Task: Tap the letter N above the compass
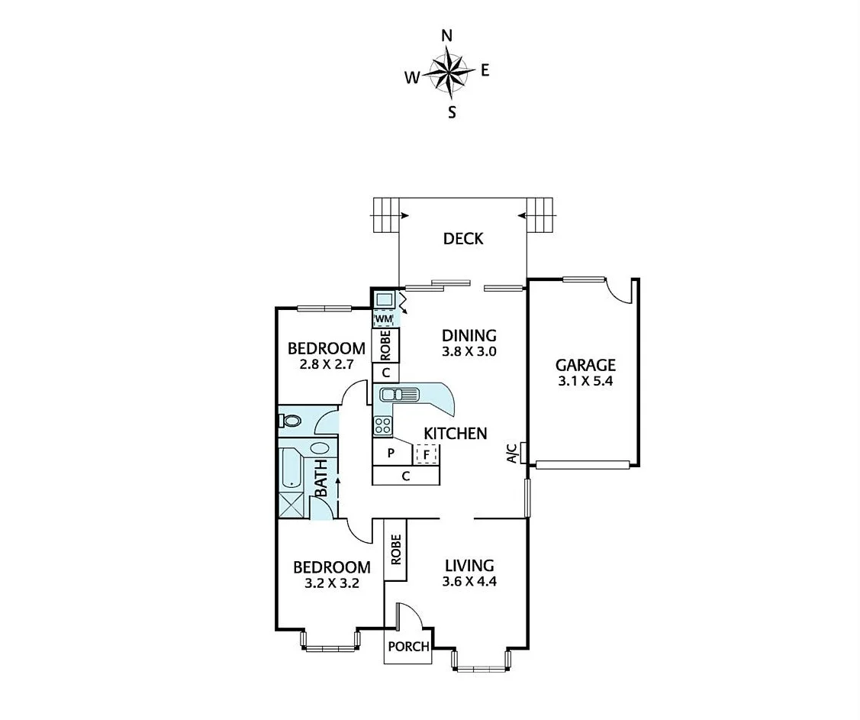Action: pyautogui.click(x=447, y=36)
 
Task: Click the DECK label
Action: pyautogui.click(x=463, y=239)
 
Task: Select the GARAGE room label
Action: pyautogui.click(x=585, y=366)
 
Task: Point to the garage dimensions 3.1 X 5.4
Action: pyautogui.click(x=585, y=383)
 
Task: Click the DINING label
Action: pyautogui.click(x=469, y=335)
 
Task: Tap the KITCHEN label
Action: pyautogui.click(x=456, y=434)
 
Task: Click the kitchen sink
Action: pyautogui.click(x=399, y=395)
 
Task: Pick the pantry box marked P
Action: pyautogui.click(x=391, y=454)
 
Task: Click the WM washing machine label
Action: pyautogui.click(x=384, y=318)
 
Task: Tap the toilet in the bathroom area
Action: pyautogui.click(x=291, y=420)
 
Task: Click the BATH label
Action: pyautogui.click(x=321, y=478)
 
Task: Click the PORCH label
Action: pyautogui.click(x=408, y=647)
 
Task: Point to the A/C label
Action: pyautogui.click(x=512, y=453)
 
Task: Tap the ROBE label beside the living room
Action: pyautogui.click(x=395, y=552)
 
